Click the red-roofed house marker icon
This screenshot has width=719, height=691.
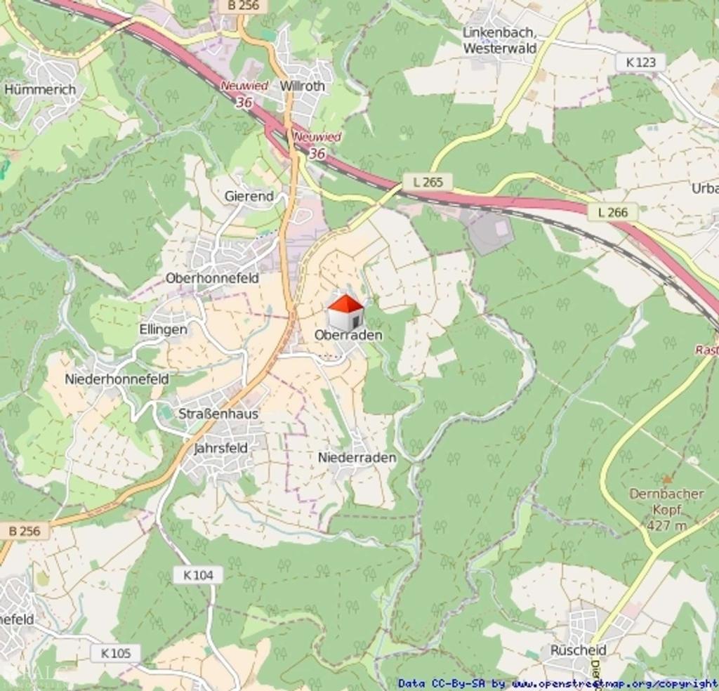(x=345, y=312)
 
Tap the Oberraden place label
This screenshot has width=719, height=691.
(x=348, y=335)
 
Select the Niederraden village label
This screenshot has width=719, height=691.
(x=357, y=457)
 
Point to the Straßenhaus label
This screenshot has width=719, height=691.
(x=218, y=414)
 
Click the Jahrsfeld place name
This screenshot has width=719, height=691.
(x=220, y=447)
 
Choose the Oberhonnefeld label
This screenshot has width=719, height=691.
(x=212, y=278)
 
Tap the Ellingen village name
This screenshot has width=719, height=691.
(x=163, y=329)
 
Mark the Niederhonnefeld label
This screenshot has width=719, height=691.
(x=117, y=379)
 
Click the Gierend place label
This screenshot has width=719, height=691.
(x=249, y=197)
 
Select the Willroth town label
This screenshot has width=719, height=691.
(x=303, y=86)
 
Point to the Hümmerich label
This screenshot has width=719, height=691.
(x=40, y=89)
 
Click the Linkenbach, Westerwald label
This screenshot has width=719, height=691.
(x=500, y=41)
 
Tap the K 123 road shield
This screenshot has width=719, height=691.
(x=640, y=62)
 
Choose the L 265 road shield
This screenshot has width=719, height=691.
(x=428, y=182)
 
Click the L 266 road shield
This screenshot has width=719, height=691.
(x=612, y=211)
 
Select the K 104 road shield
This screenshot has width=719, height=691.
(x=198, y=575)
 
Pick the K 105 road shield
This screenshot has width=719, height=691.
(x=115, y=653)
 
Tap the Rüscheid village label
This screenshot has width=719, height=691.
(x=578, y=650)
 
